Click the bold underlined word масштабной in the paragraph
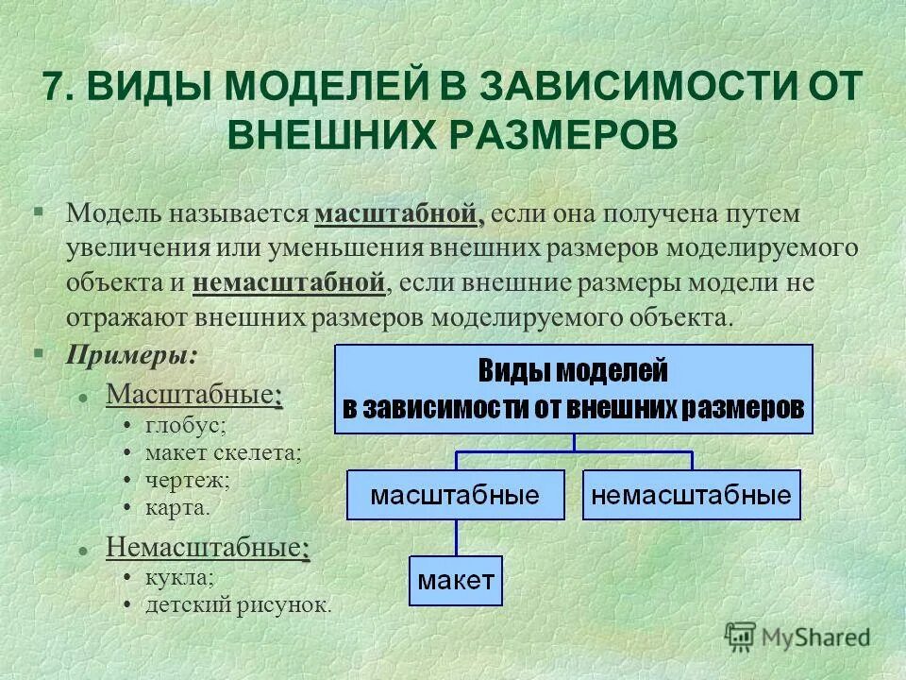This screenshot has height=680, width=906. pos(399,214)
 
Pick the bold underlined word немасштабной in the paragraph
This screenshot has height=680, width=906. pos(290,281)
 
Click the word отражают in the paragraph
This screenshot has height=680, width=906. pos(118,315)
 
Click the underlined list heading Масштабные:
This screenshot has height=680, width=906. pos(194,393)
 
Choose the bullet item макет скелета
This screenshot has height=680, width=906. pos(224,453)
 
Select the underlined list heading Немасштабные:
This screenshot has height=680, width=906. pos(208,547)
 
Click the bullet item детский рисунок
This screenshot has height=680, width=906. pos(238,603)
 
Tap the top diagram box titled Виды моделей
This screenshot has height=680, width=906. pos(574,389)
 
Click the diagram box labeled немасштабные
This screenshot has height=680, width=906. pos(692,495)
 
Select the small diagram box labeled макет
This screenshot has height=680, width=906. pos(456,581)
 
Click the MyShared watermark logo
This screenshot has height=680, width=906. pos(797,637)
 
